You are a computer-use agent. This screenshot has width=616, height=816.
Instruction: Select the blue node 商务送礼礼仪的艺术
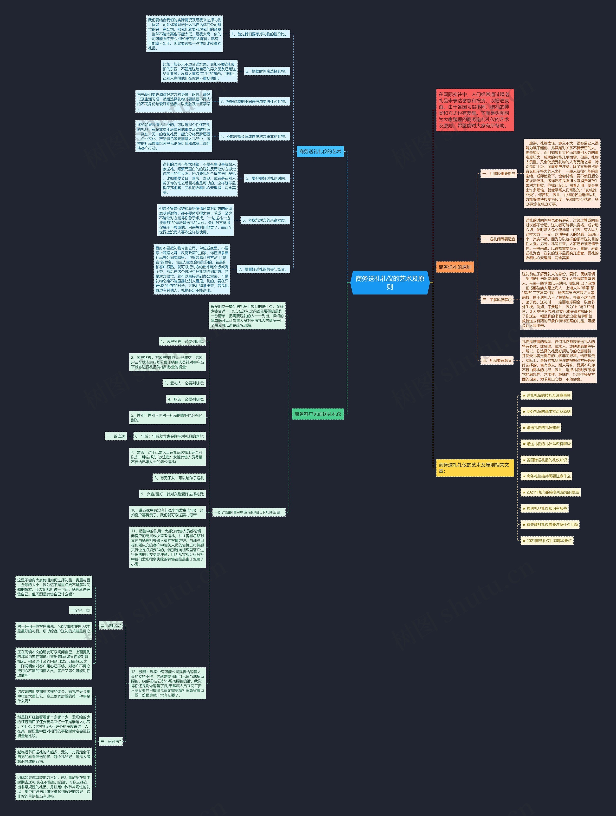(x=320, y=152)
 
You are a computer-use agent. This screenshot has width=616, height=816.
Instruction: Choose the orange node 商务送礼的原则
(x=455, y=267)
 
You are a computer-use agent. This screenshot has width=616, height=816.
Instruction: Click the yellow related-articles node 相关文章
(x=475, y=468)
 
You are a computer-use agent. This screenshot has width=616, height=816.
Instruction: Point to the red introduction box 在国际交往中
(x=475, y=110)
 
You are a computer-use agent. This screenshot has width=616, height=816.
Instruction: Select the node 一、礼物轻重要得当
(x=498, y=174)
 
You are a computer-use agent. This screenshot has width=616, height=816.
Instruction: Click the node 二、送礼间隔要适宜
(x=498, y=239)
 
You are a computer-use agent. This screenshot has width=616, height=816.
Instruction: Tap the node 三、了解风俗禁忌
(x=497, y=300)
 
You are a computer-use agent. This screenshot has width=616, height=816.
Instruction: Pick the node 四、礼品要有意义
(x=497, y=360)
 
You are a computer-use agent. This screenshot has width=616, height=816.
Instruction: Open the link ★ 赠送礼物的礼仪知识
(x=540, y=428)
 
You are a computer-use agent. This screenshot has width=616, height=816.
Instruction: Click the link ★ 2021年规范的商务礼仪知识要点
(x=550, y=493)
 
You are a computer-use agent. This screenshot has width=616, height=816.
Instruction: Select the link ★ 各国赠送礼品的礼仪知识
(x=544, y=460)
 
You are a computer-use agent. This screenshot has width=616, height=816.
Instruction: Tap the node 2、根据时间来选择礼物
(x=267, y=71)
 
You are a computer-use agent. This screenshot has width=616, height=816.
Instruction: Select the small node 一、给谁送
(x=116, y=436)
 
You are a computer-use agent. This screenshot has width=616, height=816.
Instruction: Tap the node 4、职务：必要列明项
(x=186, y=399)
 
